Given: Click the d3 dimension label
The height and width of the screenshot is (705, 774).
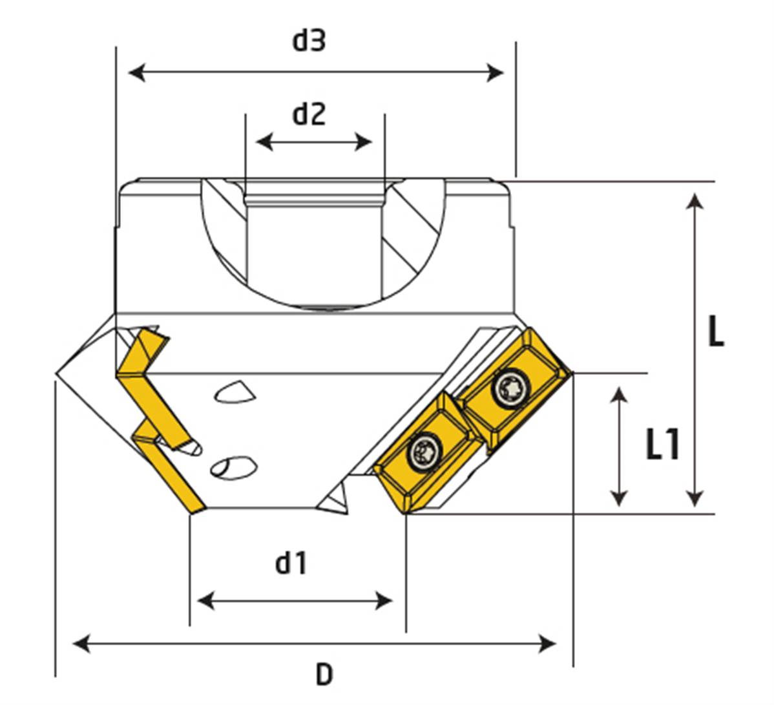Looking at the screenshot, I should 309,40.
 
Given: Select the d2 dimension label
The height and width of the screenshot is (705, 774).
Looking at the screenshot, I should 309,114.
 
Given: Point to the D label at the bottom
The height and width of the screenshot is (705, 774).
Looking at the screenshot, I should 324,675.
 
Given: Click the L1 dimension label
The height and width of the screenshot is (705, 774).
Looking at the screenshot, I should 663,445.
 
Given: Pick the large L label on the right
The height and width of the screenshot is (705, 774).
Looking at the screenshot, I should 715,333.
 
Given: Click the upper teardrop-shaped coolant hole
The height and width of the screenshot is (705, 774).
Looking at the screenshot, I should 233,392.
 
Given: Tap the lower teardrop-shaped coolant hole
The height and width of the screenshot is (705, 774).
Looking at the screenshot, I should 232,467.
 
